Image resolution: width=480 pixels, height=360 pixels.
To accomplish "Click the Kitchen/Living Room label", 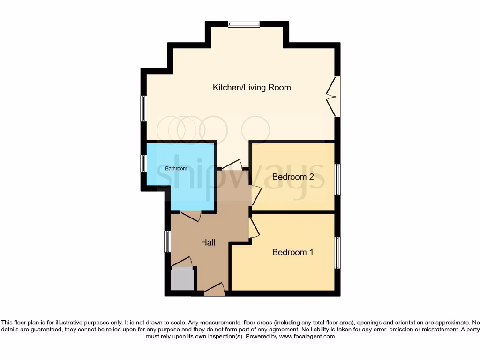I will [252, 88].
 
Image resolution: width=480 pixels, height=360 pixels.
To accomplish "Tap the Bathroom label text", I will [176, 169].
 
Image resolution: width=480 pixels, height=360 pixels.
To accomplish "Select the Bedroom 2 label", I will [292, 177].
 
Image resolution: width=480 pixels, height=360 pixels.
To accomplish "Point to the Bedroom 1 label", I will [292, 252].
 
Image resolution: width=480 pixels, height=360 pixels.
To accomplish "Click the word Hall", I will [208, 242].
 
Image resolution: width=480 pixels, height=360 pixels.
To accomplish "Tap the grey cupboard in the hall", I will [182, 279].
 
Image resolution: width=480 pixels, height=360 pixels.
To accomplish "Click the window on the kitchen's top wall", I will [244, 24].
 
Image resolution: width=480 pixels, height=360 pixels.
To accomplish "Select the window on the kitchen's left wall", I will [144, 108].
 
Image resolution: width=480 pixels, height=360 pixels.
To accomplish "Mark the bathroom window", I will [144, 163].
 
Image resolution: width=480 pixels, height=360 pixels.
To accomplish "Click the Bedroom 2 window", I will [337, 180].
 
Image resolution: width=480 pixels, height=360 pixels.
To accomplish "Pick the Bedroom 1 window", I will [337, 253].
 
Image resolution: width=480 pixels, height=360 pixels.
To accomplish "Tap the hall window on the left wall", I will [167, 241].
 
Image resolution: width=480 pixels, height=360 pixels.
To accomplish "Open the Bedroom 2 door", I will [256, 195].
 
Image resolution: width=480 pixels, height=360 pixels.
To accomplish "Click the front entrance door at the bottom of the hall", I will [215, 289].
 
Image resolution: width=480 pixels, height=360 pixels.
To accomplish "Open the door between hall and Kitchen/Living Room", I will [232, 165].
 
